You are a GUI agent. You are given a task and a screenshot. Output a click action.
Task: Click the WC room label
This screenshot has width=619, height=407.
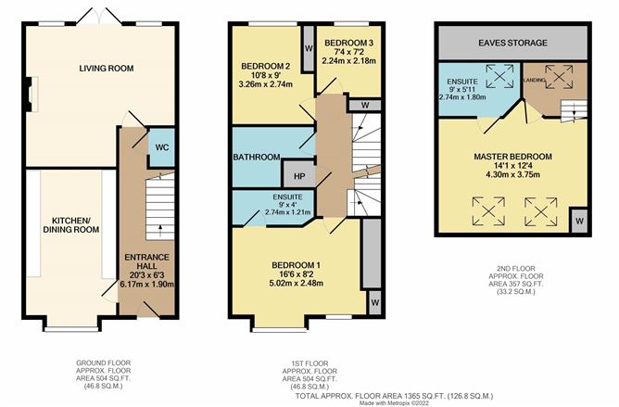(x=159, y=146)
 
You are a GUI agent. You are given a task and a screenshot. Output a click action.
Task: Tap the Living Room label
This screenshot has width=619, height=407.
(x=104, y=68)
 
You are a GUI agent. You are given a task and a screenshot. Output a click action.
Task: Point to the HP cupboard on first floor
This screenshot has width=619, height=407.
(x=299, y=175)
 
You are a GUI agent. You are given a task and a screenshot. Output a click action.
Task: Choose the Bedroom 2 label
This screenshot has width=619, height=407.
(x=266, y=67)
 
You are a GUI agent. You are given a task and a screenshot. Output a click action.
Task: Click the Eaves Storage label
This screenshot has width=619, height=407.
(x=513, y=43)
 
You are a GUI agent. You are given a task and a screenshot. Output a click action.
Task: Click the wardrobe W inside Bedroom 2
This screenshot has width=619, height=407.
(x=307, y=43)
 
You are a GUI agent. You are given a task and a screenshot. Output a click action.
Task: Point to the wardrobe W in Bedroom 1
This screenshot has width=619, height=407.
(x=375, y=302)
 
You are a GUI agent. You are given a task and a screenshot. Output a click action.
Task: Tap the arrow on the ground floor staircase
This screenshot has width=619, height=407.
(x=161, y=226)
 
